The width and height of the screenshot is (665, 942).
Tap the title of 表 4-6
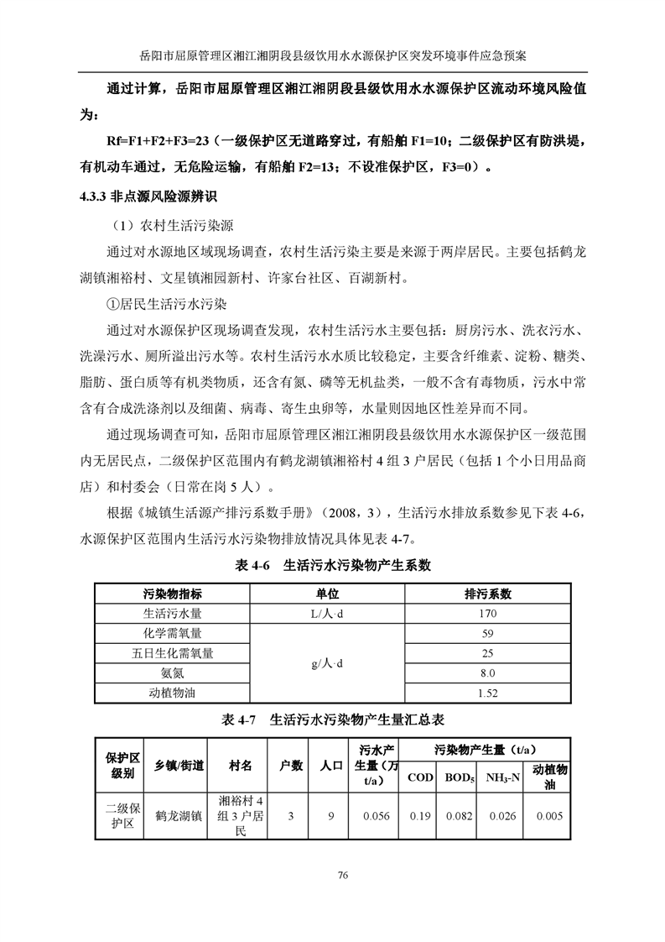[x=332, y=565]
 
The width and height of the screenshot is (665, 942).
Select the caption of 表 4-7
[x=331, y=720]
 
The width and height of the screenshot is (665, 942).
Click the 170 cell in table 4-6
[x=487, y=614]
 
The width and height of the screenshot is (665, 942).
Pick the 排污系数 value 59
[x=487, y=634]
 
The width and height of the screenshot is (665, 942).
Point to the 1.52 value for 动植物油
[x=487, y=693]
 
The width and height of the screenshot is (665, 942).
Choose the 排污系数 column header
[x=487, y=594]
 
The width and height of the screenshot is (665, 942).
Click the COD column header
[x=420, y=777]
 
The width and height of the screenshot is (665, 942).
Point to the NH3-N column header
[x=503, y=777]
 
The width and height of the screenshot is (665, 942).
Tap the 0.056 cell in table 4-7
[x=377, y=815]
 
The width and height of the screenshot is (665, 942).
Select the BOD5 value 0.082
[x=459, y=815]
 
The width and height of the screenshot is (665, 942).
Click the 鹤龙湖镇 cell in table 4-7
[x=179, y=815]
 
